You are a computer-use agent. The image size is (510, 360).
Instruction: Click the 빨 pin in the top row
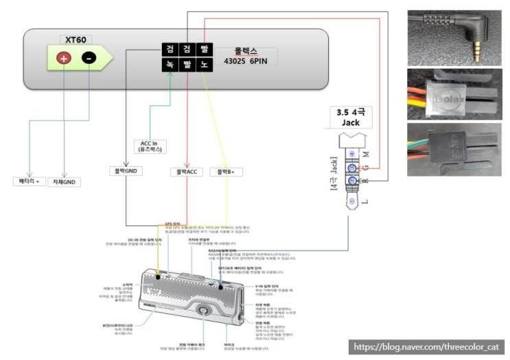(204, 49)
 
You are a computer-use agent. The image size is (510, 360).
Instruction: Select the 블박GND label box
(124, 171)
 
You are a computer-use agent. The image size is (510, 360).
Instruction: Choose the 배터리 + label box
(29, 181)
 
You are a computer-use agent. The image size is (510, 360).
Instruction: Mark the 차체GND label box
(64, 181)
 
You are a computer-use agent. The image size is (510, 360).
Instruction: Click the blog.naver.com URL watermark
(428, 347)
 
